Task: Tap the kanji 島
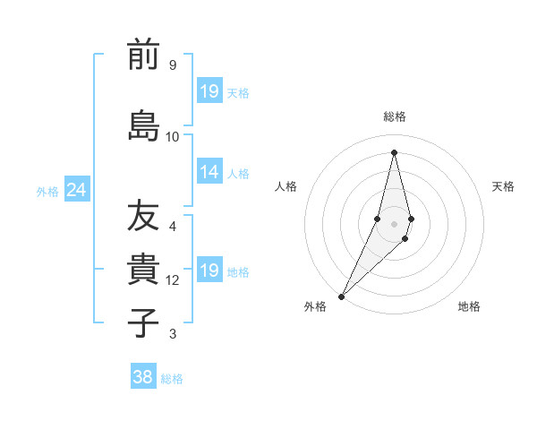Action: coord(143,125)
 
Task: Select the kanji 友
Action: coord(143,215)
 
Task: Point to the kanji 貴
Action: coord(143,269)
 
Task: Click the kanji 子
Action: coord(143,322)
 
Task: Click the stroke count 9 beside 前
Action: coord(172,65)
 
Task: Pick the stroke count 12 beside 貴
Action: coord(173,280)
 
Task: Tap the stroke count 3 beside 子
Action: coord(172,334)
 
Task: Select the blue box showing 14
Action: coord(209,172)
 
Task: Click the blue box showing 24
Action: coord(76,190)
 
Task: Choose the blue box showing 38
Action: coord(142,377)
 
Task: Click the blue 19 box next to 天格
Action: coord(209,91)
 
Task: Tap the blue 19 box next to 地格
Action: coord(209,271)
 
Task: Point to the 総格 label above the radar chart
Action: coord(394,116)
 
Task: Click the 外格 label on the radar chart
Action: coord(315,306)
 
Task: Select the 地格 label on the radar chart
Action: coord(469,306)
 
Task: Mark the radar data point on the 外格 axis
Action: coord(342,295)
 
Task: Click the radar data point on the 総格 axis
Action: coord(394,152)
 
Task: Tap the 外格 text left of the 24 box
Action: coord(47,191)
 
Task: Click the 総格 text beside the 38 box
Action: coord(172,379)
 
